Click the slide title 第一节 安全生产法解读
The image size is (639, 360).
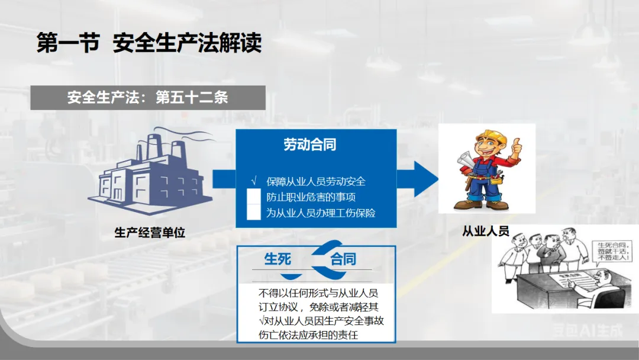[149, 43]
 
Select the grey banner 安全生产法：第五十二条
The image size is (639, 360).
[147, 98]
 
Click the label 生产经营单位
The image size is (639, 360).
[150, 233]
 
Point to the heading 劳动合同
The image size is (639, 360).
[310, 144]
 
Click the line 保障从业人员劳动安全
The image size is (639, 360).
[316, 181]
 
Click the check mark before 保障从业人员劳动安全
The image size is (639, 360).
[254, 181]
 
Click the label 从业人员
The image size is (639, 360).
[486, 231]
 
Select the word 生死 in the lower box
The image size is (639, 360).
[277, 259]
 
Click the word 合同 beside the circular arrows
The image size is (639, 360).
[343, 259]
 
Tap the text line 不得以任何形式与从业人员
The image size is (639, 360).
[318, 293]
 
